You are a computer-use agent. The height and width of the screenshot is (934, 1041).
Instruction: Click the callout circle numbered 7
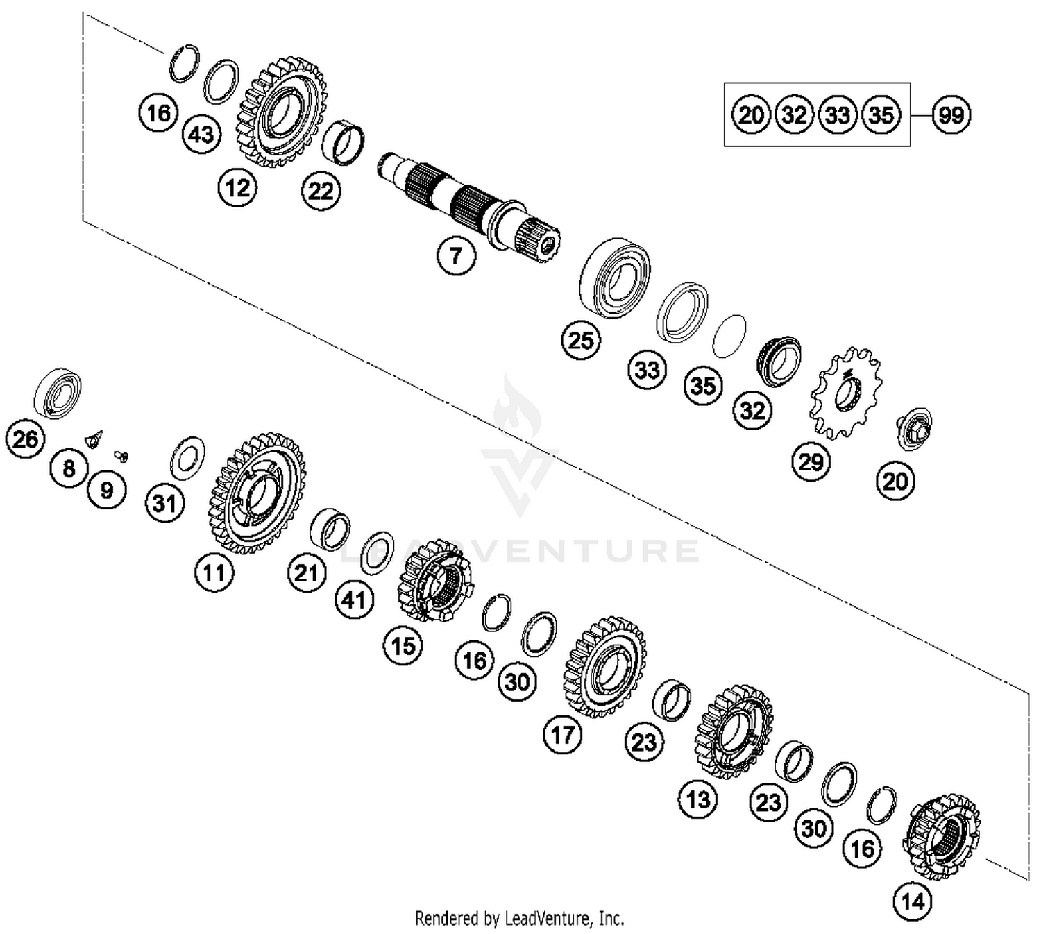pyautogui.click(x=456, y=255)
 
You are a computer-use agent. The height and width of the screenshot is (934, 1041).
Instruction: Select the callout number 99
pyautogui.click(x=951, y=114)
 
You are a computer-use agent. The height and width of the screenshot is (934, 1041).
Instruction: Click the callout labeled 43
pyautogui.click(x=201, y=133)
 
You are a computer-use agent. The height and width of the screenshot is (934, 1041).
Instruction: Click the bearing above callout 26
pyautogui.click(x=58, y=393)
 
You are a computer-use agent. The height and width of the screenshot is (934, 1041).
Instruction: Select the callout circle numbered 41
pyautogui.click(x=354, y=599)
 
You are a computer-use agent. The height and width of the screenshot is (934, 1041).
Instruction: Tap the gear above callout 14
pyautogui.click(x=941, y=835)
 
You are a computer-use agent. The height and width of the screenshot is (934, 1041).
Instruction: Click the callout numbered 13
pyautogui.click(x=697, y=799)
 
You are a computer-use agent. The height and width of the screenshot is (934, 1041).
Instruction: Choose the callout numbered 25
pyautogui.click(x=581, y=340)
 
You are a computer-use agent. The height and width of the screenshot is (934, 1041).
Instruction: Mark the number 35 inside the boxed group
pyautogui.click(x=881, y=114)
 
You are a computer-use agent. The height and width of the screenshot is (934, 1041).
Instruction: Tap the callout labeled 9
pyautogui.click(x=106, y=490)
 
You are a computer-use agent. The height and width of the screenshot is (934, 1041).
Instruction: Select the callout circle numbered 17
pyautogui.click(x=562, y=734)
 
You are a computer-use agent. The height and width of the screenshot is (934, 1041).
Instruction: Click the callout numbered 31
pyautogui.click(x=165, y=502)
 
